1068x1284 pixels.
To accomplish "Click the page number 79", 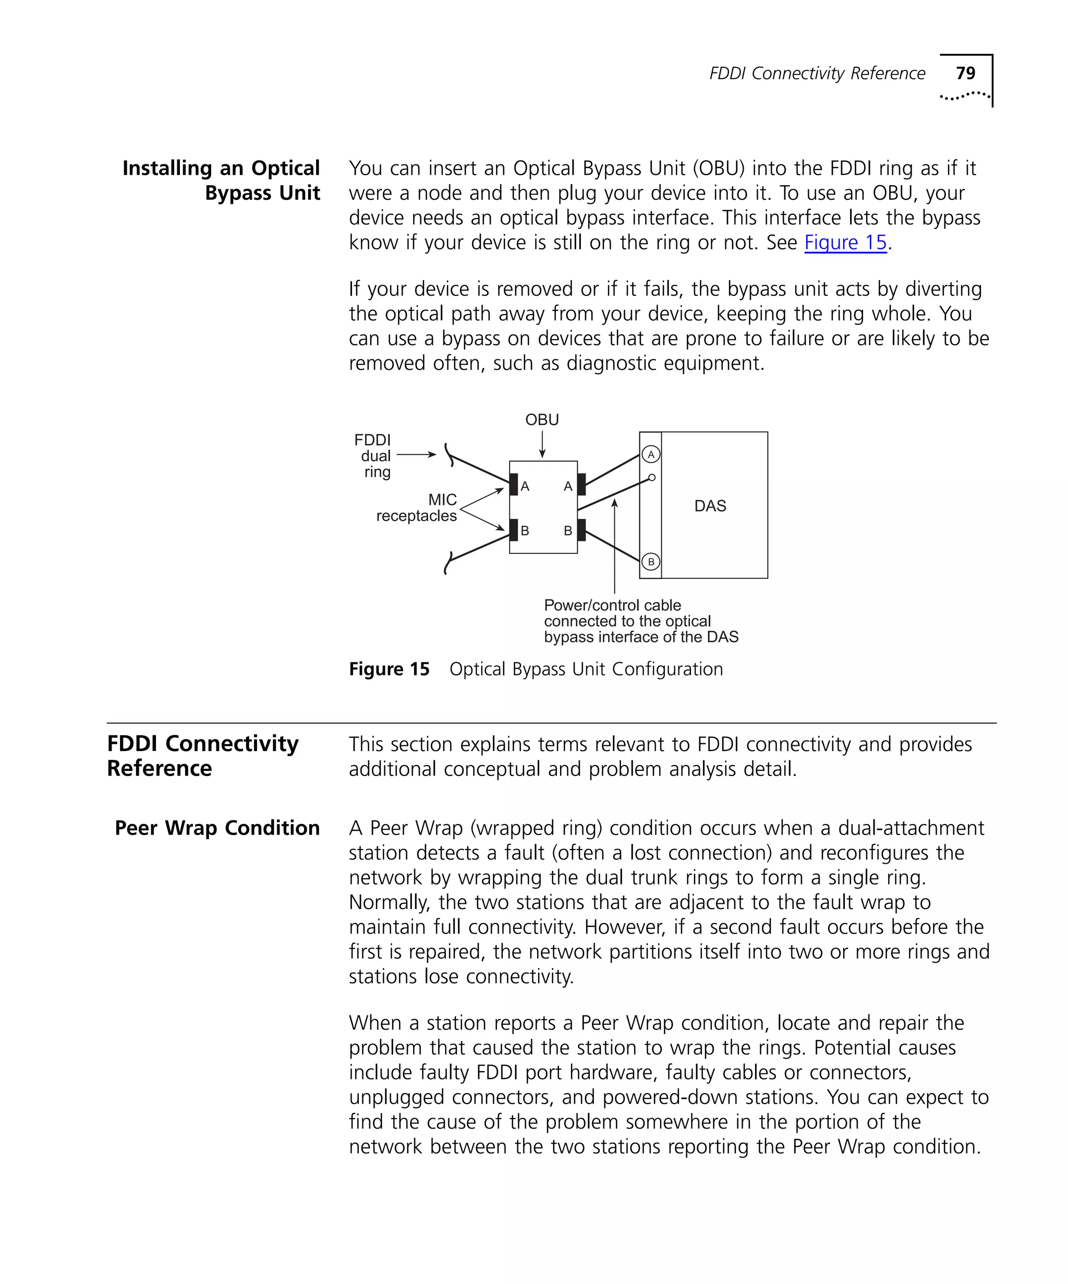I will [x=965, y=74].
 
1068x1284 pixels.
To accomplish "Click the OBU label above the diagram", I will [x=542, y=419].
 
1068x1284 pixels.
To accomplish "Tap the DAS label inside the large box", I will [x=710, y=506].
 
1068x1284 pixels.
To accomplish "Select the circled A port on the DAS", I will [x=650, y=454].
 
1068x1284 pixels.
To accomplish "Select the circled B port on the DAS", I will [x=650, y=561].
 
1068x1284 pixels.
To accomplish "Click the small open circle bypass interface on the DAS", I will [x=652, y=478].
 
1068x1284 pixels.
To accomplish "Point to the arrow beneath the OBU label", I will [x=542, y=444].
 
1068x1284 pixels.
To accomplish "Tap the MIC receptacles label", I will [x=417, y=507].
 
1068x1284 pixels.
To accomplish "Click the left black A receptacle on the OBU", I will [x=514, y=484].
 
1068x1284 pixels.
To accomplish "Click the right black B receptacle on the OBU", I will [x=581, y=529].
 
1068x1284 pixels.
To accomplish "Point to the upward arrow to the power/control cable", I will [x=614, y=544].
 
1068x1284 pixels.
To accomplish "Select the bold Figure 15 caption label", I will [x=389, y=669].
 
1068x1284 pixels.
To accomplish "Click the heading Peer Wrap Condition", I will [x=217, y=828].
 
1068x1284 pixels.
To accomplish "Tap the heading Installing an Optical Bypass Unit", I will [x=221, y=180].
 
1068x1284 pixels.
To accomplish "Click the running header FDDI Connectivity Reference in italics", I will [x=817, y=74].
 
